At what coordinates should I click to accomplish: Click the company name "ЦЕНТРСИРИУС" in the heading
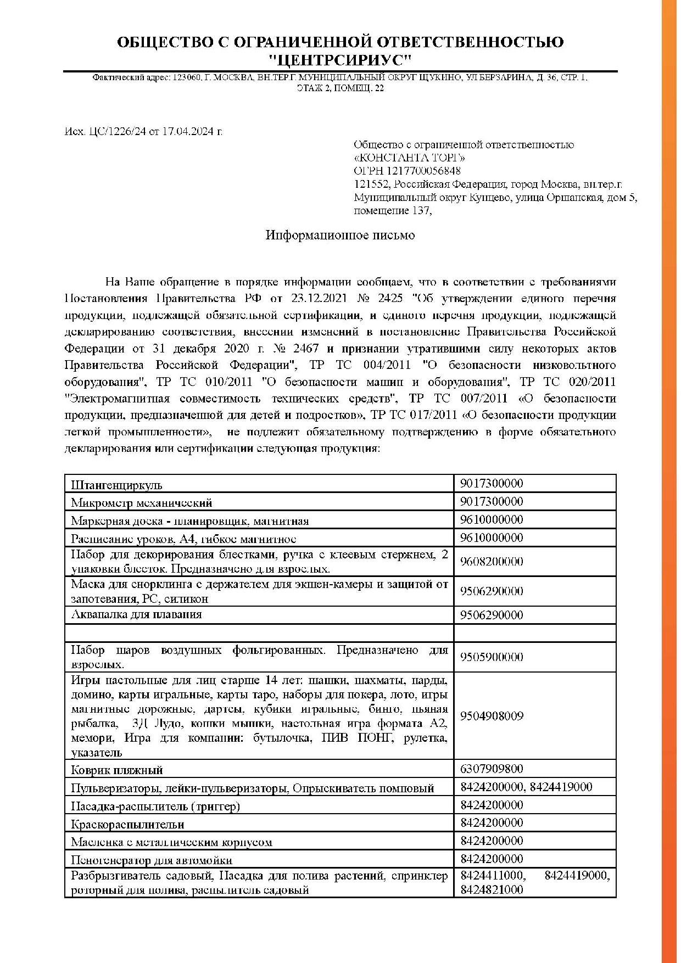point(340,59)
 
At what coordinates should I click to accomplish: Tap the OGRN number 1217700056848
point(423,171)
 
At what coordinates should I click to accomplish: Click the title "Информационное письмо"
point(340,236)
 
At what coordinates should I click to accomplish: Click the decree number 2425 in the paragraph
point(388,299)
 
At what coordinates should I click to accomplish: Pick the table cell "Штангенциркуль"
point(116,485)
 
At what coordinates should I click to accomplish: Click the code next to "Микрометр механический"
point(492,502)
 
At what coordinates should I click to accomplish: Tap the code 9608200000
point(492,562)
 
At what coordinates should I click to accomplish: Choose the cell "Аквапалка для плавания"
point(136,615)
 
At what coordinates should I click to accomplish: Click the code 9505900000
point(492,657)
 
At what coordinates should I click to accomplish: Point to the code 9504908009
point(492,716)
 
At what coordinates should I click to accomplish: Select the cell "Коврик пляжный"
point(116,770)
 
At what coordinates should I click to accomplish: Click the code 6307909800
point(492,769)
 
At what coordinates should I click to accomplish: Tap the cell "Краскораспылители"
point(127,825)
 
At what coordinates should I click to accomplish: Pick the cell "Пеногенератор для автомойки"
point(152,860)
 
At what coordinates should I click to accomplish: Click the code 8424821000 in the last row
point(492,890)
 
